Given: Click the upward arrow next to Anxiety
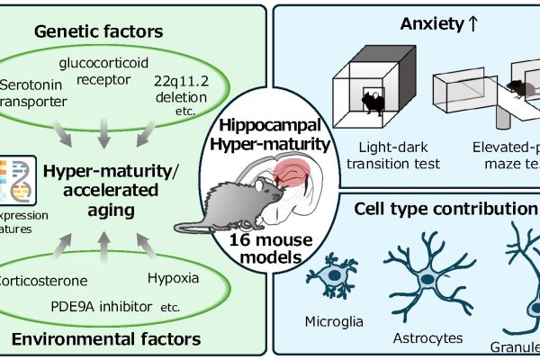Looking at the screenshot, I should pyautogui.click(x=448, y=27).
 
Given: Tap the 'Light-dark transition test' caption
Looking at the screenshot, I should pyautogui.click(x=388, y=154).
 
